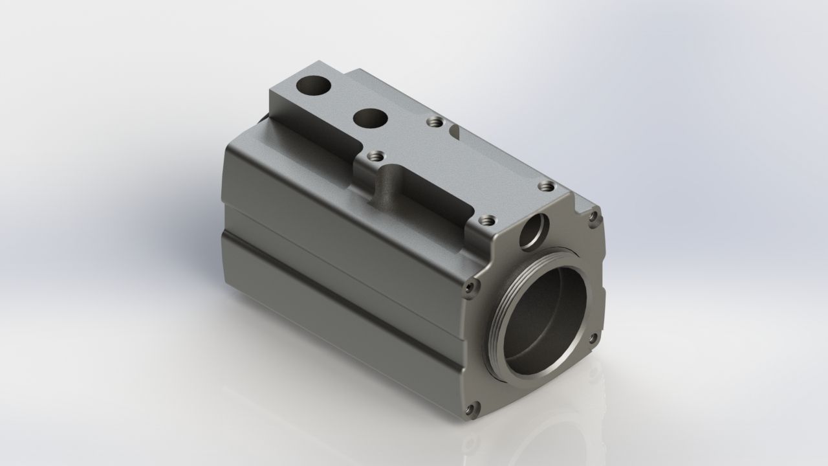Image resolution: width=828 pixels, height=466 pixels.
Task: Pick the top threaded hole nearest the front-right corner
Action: click(x=547, y=186)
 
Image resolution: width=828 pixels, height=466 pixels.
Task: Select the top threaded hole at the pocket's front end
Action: click(x=486, y=220)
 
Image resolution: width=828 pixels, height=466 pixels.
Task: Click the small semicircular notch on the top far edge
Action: click(x=454, y=131)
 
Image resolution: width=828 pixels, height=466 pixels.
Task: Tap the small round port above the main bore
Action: click(x=534, y=231)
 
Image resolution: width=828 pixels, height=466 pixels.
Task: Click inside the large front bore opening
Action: click(x=550, y=317)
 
